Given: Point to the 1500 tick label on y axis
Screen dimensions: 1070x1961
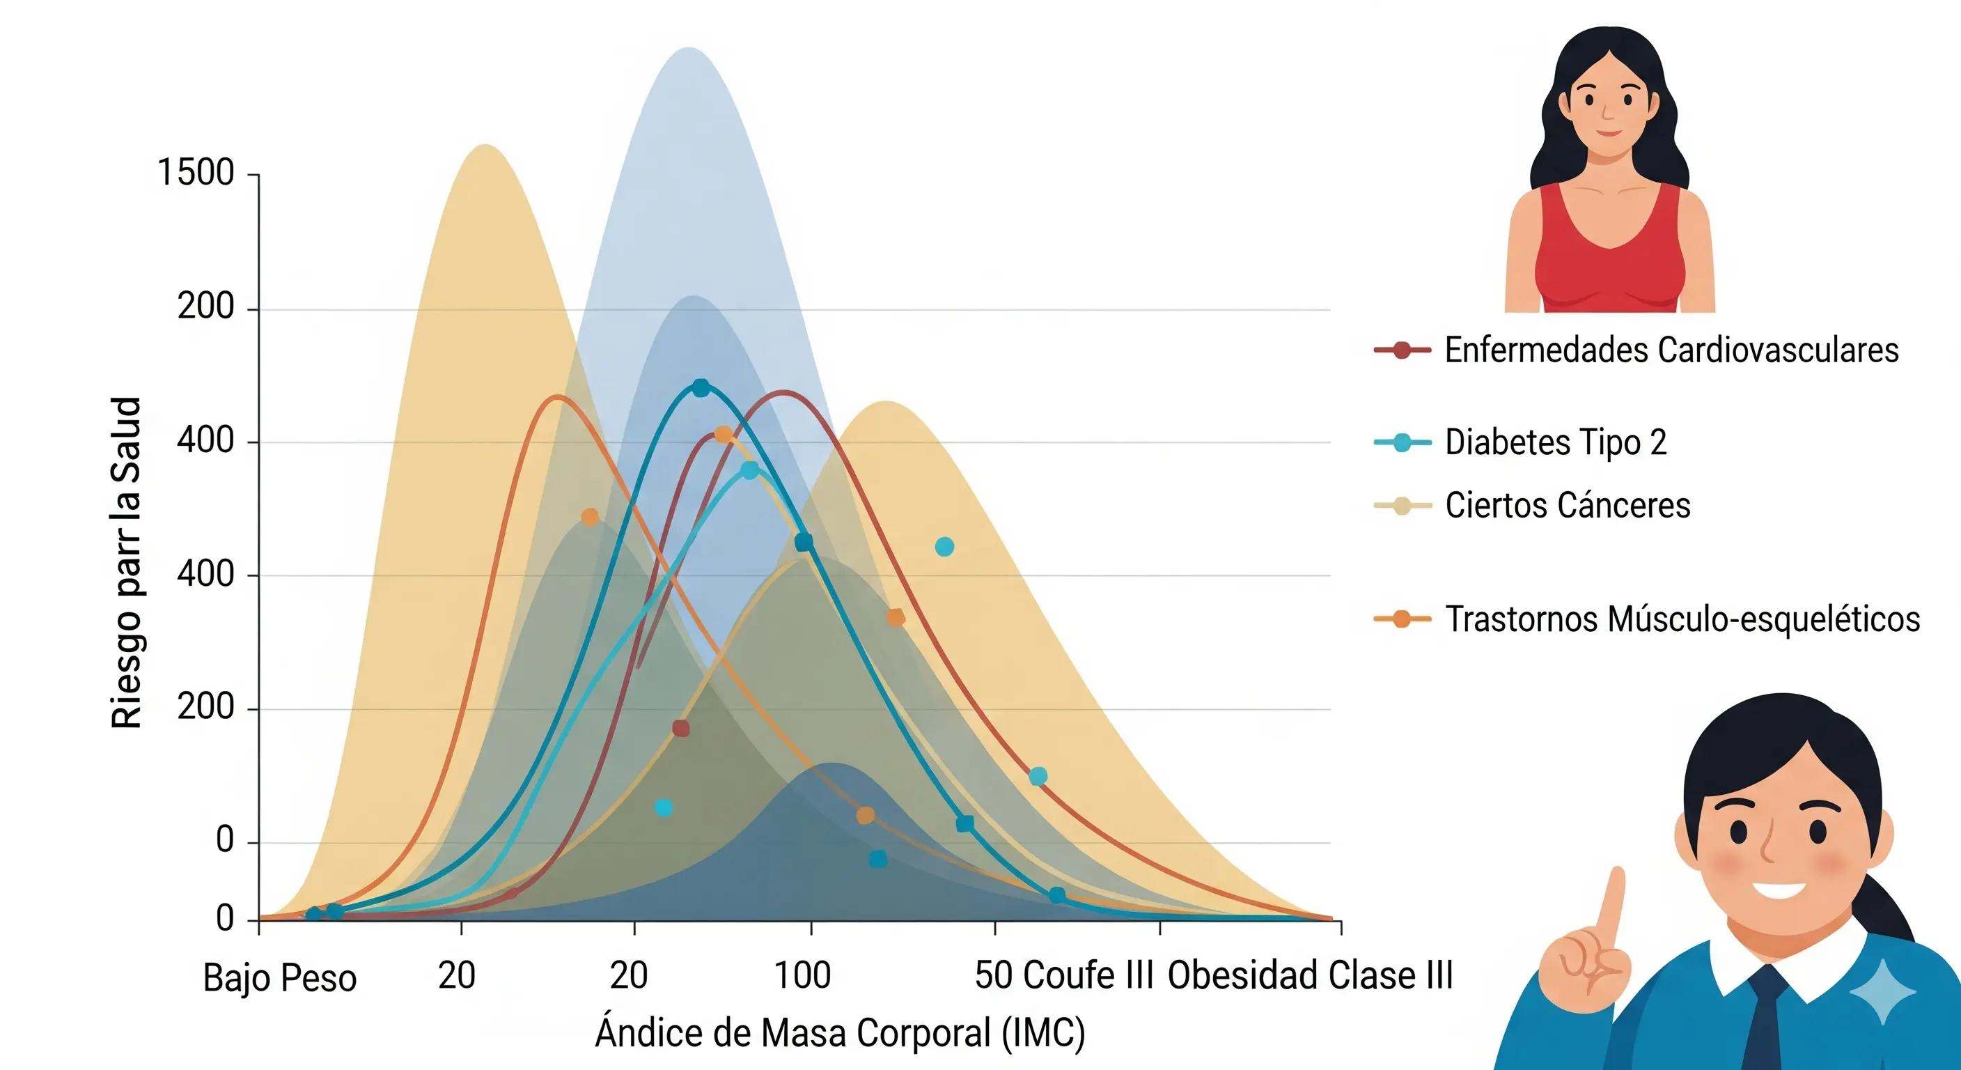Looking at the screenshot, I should (x=196, y=173).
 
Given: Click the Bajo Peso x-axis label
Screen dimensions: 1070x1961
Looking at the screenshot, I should (x=279, y=978).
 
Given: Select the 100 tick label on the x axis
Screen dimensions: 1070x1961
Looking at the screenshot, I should (x=802, y=975).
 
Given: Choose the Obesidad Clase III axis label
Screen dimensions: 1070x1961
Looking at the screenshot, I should (x=1310, y=975).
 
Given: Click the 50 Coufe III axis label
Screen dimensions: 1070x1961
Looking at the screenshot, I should (x=1064, y=975).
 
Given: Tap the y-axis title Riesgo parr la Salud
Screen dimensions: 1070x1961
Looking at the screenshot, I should (x=126, y=563).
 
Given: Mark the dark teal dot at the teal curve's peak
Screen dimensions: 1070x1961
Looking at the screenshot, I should (x=701, y=387).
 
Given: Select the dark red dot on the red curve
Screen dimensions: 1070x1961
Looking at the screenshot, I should (x=681, y=729).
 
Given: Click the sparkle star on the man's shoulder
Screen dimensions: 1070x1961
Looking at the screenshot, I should (x=1882, y=991).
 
